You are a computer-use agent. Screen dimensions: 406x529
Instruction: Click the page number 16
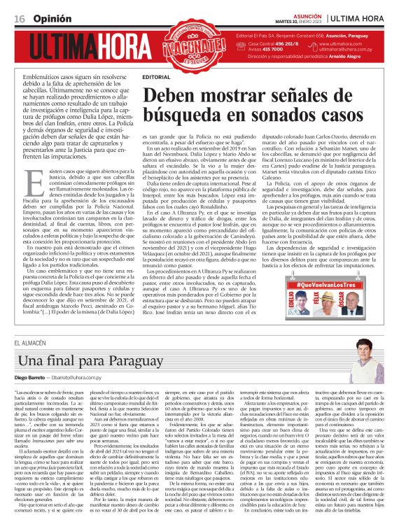(17, 13)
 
